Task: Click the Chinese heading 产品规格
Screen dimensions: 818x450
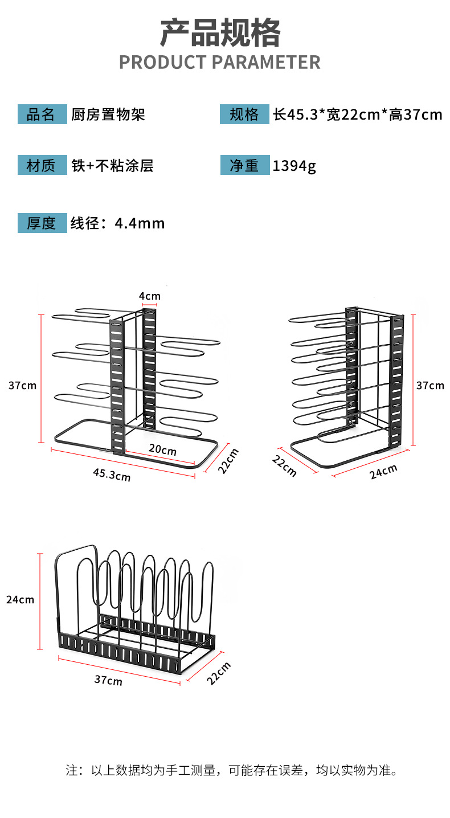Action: (220, 33)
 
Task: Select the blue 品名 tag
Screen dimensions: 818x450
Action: (42, 114)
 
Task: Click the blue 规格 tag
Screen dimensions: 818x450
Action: (244, 114)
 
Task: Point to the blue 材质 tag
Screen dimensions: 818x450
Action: (42, 166)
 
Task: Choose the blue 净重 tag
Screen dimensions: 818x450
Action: (244, 166)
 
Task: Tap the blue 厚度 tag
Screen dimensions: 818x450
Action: (42, 223)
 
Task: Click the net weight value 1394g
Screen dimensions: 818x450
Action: (294, 166)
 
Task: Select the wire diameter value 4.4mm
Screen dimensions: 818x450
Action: (140, 223)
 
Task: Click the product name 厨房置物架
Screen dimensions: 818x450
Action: (108, 114)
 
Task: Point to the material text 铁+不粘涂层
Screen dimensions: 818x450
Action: (112, 166)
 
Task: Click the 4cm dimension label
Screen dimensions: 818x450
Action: (150, 296)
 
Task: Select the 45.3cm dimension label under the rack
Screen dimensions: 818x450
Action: (112, 475)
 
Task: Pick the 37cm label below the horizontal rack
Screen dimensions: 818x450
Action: (108, 680)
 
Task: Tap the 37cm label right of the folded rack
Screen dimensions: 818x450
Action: (430, 386)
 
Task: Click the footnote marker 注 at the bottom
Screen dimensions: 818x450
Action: (71, 771)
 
